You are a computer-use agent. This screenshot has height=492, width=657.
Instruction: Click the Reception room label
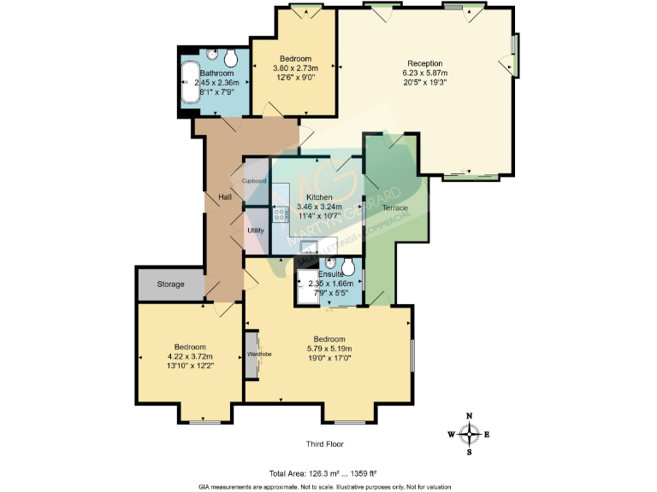(424, 63)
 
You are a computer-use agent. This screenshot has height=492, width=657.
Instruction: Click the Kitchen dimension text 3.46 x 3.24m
(319, 207)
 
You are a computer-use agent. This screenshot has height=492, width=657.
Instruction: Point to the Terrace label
(394, 208)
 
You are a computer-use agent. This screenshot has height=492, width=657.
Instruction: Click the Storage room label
(169, 284)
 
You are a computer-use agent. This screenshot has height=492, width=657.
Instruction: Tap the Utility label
(256, 231)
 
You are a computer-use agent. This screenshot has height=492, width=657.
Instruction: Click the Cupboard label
(255, 181)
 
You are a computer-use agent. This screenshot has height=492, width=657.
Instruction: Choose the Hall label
(225, 198)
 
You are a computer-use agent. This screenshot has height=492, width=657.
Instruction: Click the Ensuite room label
(330, 274)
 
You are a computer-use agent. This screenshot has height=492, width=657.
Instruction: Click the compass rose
(469, 434)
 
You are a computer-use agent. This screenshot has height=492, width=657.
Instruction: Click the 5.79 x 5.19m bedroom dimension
(328, 348)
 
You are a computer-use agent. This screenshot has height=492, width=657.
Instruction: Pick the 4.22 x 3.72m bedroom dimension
(190, 356)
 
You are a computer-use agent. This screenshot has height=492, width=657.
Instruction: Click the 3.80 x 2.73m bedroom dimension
(295, 68)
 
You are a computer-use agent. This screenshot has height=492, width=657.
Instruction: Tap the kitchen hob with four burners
(280, 214)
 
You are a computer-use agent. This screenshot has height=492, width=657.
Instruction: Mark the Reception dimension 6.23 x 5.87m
(424, 73)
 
